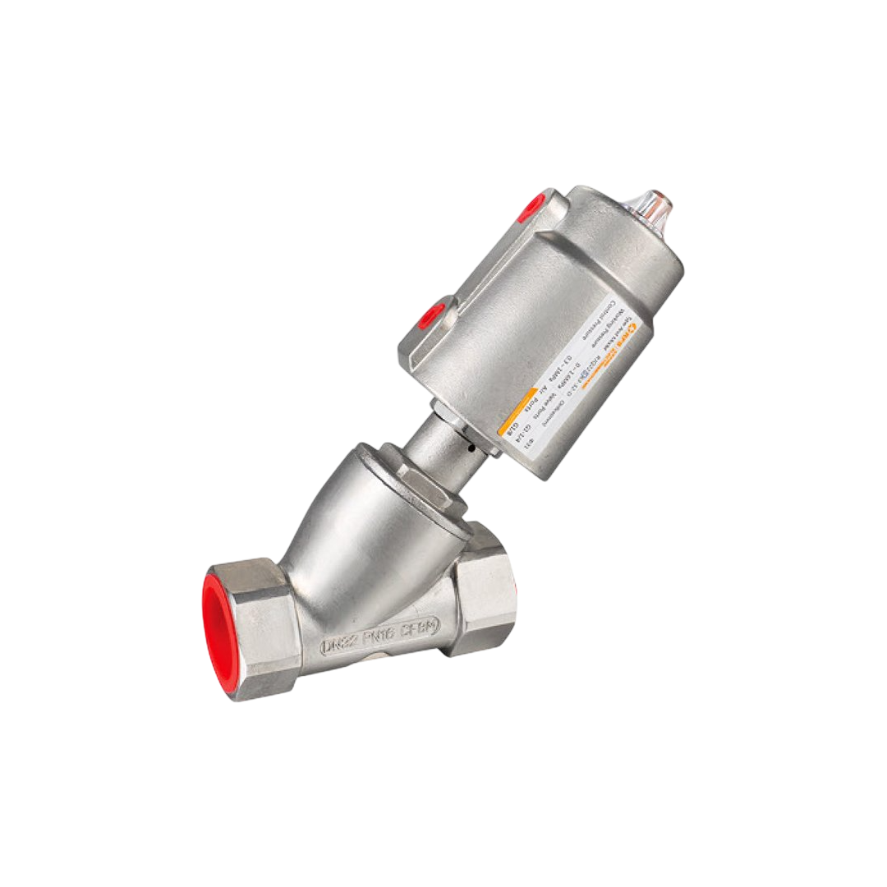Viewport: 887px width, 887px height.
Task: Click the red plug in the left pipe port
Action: click(x=216, y=628)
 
